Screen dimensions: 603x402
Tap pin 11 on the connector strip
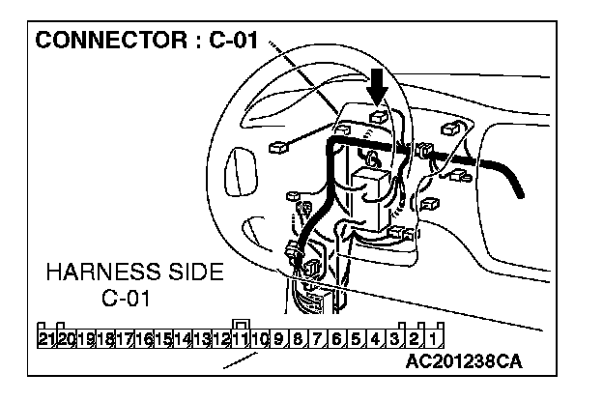point(241,338)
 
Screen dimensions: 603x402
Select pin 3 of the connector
point(395,338)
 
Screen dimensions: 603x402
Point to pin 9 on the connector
point(278,338)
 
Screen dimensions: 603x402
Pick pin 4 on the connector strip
point(376,338)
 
